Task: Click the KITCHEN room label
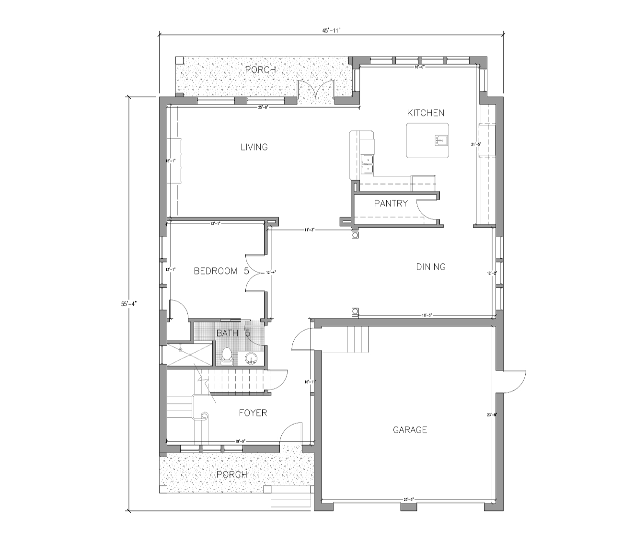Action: [x=426, y=113]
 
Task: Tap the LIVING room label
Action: [x=254, y=147]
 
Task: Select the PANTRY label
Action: [x=391, y=203]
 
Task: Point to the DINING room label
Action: [x=430, y=267]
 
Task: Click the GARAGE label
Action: [x=410, y=430]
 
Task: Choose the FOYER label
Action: [x=253, y=413]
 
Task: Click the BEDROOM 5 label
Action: [x=221, y=271]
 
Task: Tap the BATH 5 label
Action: [x=233, y=333]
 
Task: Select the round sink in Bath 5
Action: [x=251, y=357]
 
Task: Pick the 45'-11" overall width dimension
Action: [x=331, y=30]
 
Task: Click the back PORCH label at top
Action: [x=260, y=70]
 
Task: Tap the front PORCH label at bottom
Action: [x=231, y=474]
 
